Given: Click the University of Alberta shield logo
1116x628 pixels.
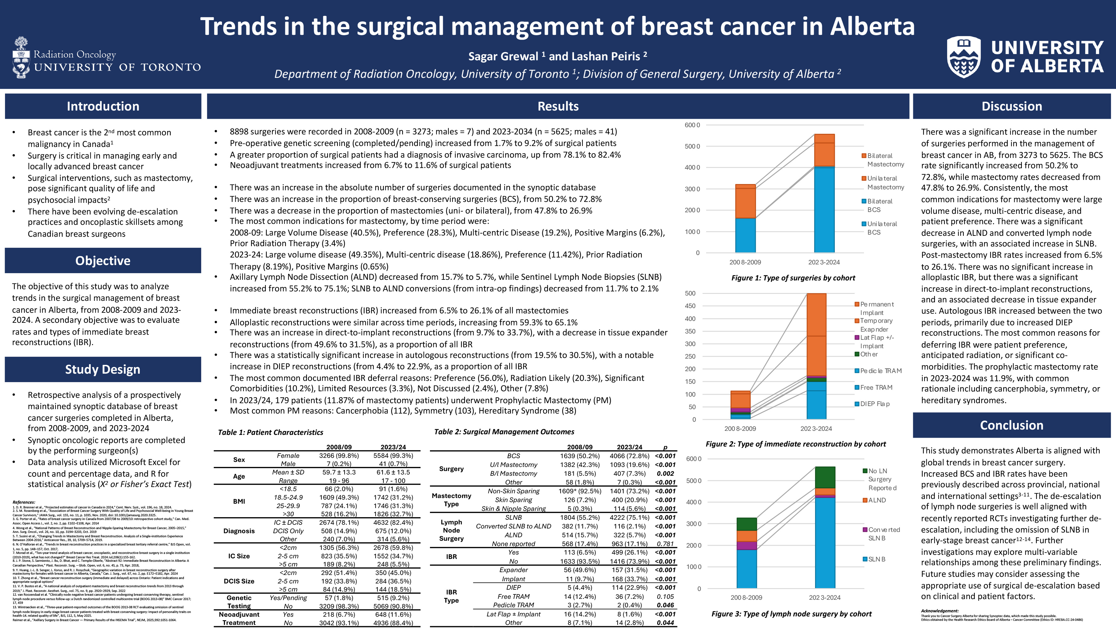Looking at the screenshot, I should click(x=964, y=57).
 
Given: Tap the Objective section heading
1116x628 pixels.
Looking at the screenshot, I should click(x=103, y=261).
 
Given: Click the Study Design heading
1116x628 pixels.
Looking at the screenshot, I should click(x=103, y=369).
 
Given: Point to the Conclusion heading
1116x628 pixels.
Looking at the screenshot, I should click(x=1011, y=425).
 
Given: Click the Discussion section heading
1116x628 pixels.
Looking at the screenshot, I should click(x=1011, y=106).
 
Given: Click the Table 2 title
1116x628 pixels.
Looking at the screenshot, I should click(x=504, y=432).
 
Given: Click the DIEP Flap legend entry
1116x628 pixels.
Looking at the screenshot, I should click(x=874, y=404).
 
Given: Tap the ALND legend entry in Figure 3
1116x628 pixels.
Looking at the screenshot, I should click(x=877, y=500).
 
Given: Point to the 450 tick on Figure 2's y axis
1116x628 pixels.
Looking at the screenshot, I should click(x=690, y=306).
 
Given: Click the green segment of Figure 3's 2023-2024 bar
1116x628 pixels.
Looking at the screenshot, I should click(x=825, y=477).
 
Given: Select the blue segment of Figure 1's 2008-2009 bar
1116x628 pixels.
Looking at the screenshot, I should click(x=745, y=235).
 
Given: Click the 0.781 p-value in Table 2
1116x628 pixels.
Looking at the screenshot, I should click(x=665, y=544).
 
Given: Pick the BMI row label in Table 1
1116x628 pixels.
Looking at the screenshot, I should click(x=239, y=501).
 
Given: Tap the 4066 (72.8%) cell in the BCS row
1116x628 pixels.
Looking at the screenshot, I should click(x=629, y=456).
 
